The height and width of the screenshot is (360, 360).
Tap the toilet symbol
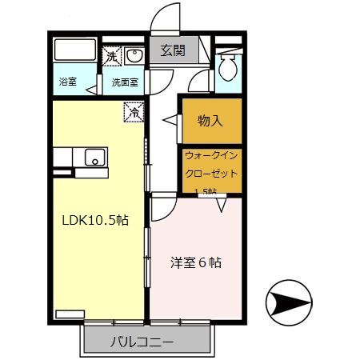227,67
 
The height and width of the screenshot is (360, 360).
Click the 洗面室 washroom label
124,82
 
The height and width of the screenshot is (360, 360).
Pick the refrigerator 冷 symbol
134,113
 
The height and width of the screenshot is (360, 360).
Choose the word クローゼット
211,174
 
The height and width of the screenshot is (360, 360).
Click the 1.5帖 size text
206,191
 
